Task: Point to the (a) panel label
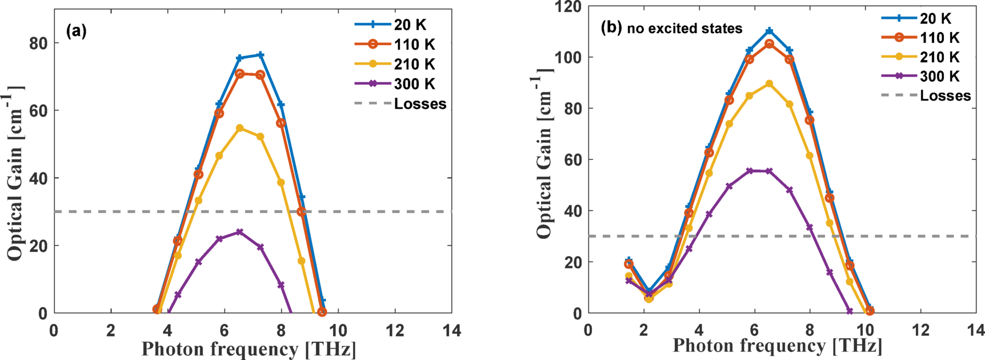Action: (77, 31)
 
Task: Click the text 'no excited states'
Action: (684, 29)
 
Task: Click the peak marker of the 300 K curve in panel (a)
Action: (239, 232)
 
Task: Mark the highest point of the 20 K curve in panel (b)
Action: (769, 30)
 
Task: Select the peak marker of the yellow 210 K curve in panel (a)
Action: (239, 128)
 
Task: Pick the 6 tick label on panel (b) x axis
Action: (754, 330)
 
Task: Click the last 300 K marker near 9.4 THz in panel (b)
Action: (850, 311)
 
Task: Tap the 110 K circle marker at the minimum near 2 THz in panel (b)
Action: (648, 297)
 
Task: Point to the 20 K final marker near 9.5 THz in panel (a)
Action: (322, 301)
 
